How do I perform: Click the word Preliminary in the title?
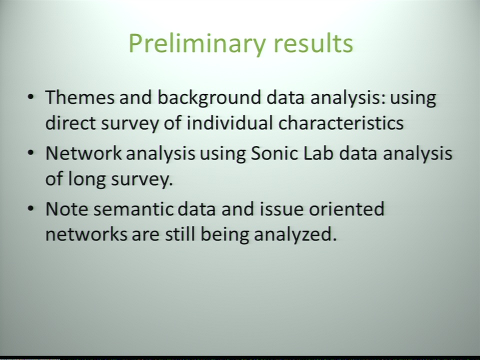point(196,44)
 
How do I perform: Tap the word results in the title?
point(313,43)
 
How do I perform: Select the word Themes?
point(80,97)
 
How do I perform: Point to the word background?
point(209,98)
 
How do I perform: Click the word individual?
point(229,123)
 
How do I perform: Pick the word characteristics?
point(341,123)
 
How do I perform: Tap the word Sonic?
point(274,153)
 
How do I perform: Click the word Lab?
point(318,153)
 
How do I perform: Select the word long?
point(86,179)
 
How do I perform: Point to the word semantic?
point(133,209)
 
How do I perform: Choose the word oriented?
point(346,209)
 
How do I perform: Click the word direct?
point(70,123)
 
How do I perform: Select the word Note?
point(66,209)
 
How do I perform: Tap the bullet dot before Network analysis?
point(30,153)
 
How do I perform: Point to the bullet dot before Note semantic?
point(30,208)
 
